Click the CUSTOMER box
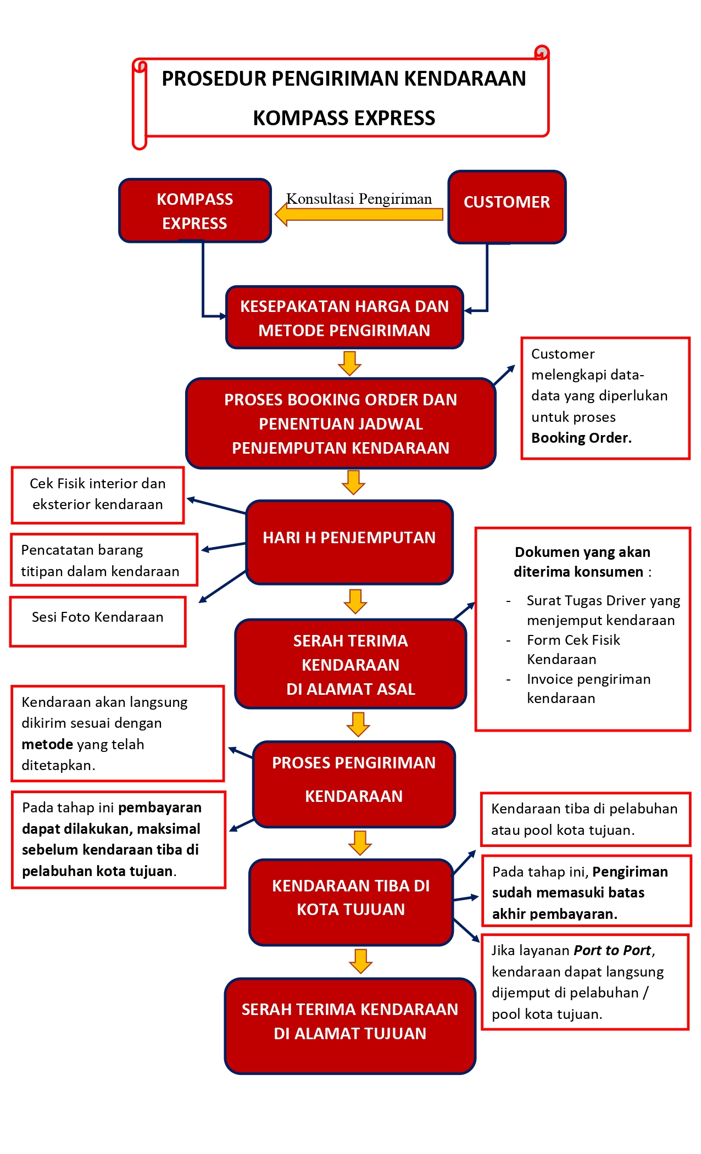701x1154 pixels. click(x=507, y=207)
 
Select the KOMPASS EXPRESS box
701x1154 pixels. click(x=195, y=211)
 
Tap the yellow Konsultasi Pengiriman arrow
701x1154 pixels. click(x=360, y=214)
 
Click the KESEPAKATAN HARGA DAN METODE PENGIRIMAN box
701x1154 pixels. click(x=344, y=317)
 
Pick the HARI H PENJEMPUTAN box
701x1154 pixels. click(x=349, y=542)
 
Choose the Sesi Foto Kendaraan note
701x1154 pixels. click(x=98, y=621)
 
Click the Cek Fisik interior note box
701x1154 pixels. click(x=98, y=494)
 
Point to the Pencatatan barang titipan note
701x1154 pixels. click(x=103, y=560)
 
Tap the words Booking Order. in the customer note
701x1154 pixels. click(x=581, y=438)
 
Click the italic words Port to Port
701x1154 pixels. click(x=613, y=950)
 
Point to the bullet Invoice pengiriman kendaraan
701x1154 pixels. click(x=588, y=688)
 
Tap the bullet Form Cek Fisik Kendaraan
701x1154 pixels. click(x=573, y=649)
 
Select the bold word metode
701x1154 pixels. click(x=47, y=744)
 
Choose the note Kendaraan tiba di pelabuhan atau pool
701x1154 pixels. click(x=585, y=819)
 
